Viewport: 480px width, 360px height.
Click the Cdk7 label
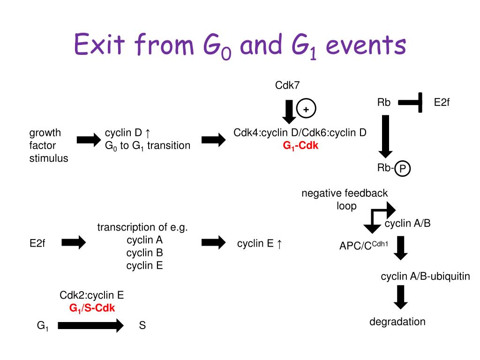click(x=287, y=85)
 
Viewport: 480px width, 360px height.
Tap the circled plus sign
click(x=306, y=109)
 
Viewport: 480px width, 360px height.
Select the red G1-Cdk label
click(x=300, y=146)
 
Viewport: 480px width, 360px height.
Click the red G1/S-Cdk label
click(x=92, y=308)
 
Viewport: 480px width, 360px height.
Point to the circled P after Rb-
click(x=402, y=169)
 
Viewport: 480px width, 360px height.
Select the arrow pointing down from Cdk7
click(x=288, y=111)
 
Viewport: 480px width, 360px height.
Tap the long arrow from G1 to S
click(x=90, y=325)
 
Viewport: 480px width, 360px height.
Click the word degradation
click(x=397, y=322)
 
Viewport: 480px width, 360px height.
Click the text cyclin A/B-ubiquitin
click(x=425, y=277)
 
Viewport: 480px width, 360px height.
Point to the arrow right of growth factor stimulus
click(x=88, y=139)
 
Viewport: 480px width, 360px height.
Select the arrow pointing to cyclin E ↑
click(x=213, y=242)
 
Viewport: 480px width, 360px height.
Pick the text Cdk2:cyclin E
click(x=91, y=295)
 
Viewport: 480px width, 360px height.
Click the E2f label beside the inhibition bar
click(x=442, y=102)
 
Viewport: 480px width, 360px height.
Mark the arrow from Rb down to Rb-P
click(x=385, y=136)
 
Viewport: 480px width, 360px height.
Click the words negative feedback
click(x=345, y=193)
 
